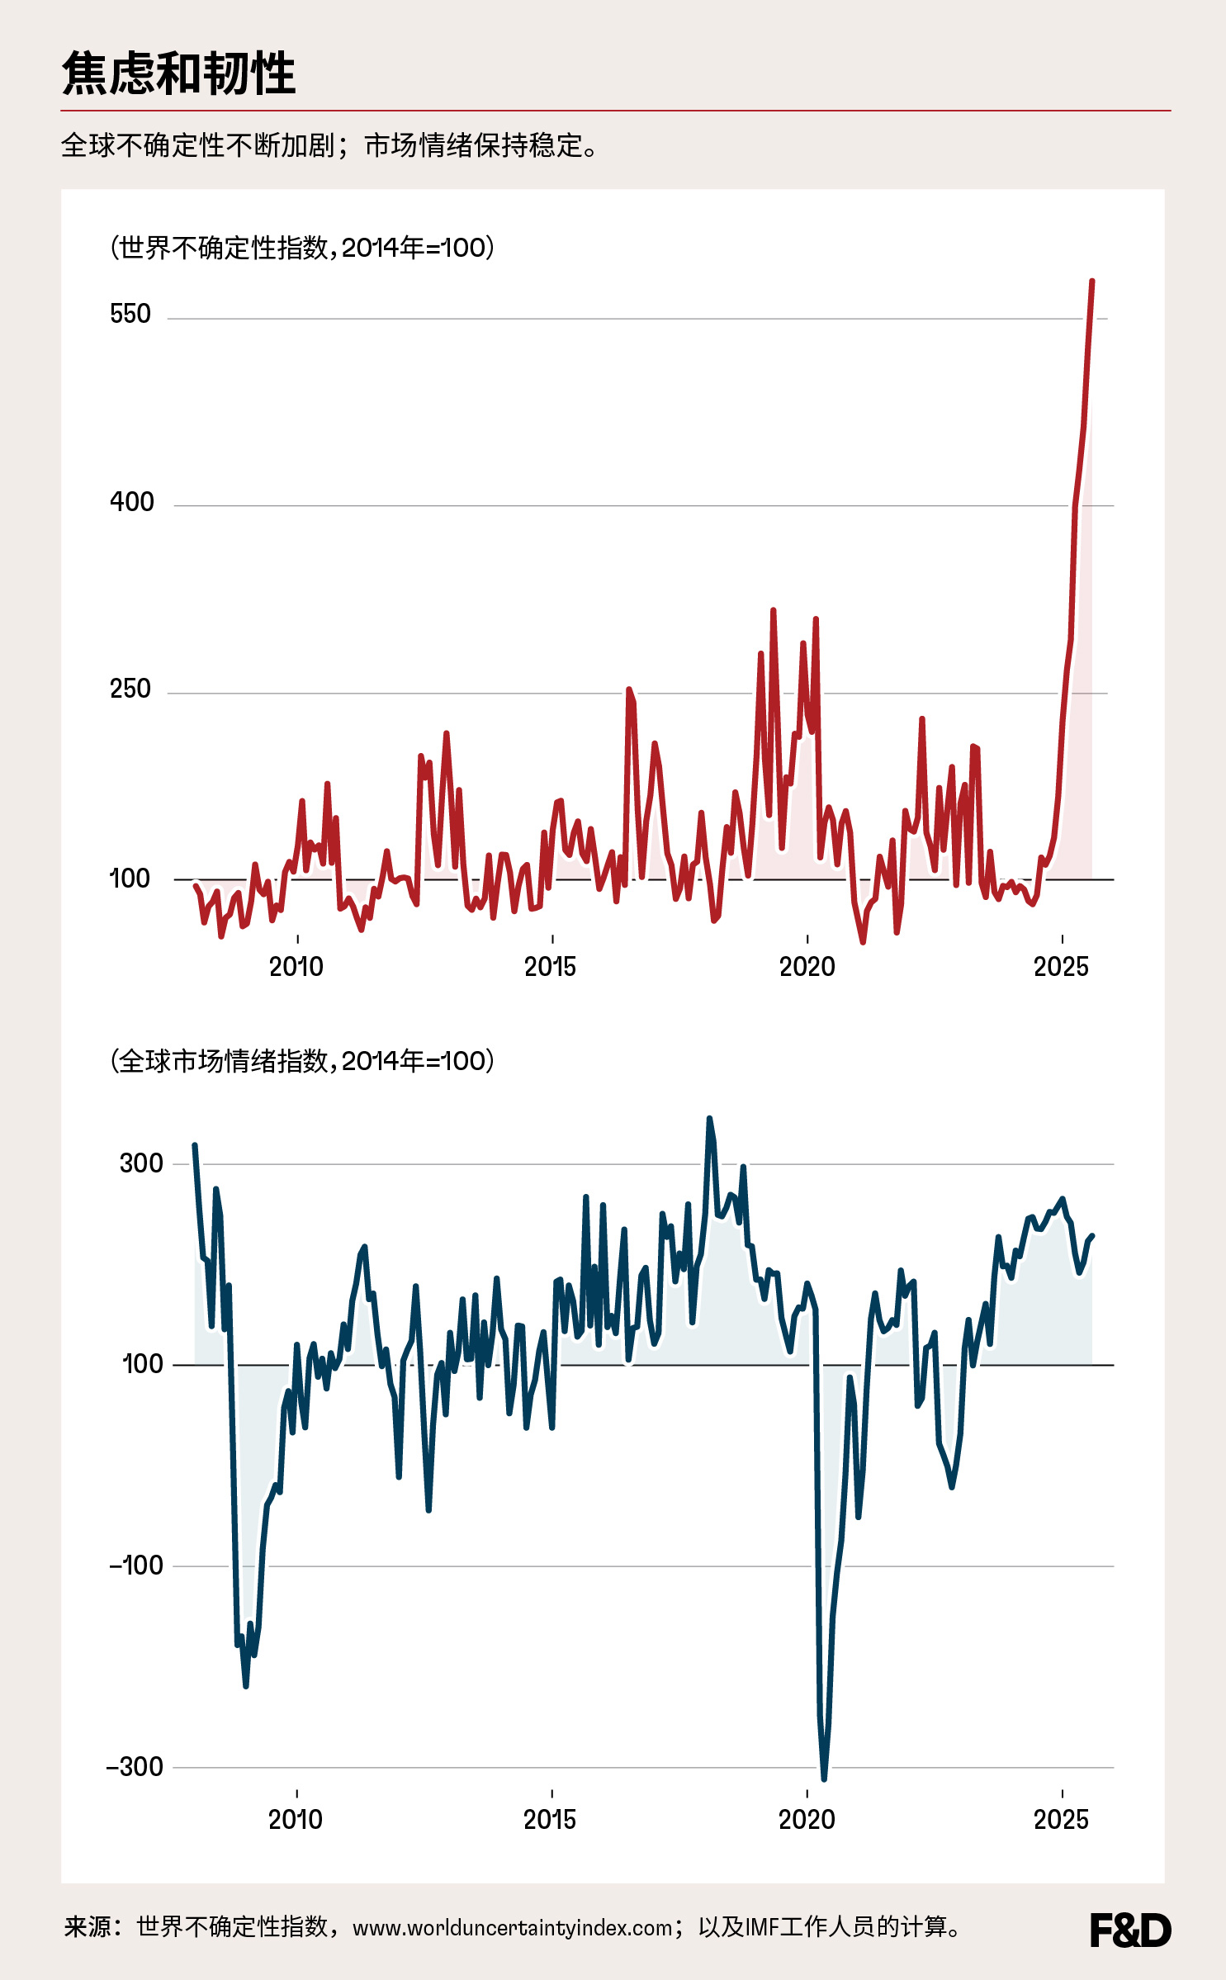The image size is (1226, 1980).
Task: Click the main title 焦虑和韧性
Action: click(178, 73)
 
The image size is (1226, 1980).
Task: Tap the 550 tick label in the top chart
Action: click(130, 315)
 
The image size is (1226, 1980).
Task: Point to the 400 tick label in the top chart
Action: click(132, 502)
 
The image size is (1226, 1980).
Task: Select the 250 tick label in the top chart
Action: click(130, 689)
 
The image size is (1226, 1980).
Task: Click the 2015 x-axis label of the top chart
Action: click(551, 967)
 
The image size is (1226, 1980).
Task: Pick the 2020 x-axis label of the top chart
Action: click(807, 967)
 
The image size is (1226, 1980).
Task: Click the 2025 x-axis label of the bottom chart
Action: click(1061, 1820)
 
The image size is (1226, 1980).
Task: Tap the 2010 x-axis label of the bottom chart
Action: click(296, 1820)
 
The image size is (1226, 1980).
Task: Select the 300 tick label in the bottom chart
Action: click(141, 1164)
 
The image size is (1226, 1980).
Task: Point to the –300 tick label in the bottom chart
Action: click(135, 1767)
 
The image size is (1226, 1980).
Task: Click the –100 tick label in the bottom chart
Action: click(136, 1566)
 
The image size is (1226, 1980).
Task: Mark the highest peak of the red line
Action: click(1092, 282)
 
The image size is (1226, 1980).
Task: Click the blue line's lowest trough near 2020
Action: click(824, 1779)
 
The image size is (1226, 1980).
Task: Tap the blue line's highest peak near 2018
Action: click(708, 1120)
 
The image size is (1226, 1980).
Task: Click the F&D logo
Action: click(1130, 1930)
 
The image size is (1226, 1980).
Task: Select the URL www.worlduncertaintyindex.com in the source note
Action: click(513, 1929)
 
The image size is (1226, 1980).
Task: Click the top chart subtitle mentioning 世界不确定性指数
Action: click(302, 248)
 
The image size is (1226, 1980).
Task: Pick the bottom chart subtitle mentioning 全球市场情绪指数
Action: click(302, 1061)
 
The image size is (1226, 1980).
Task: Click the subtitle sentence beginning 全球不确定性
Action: click(330, 146)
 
